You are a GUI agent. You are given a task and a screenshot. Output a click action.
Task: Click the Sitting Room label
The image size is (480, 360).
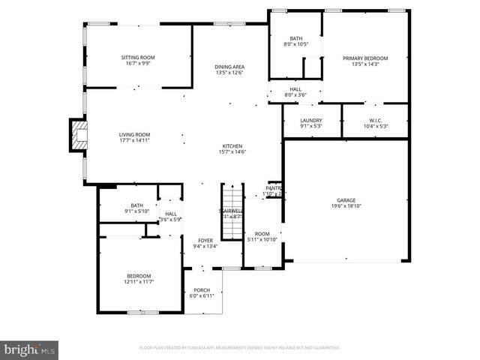point(138,58)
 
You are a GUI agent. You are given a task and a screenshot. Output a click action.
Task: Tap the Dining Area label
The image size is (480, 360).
point(229,67)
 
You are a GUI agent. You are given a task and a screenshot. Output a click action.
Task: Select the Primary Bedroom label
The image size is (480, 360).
point(365,58)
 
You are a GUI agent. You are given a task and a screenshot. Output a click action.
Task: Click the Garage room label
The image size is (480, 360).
point(345,200)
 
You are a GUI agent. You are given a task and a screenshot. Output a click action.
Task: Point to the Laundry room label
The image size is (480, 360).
point(311,121)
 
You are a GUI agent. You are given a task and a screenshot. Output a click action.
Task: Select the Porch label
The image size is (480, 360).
point(202,290)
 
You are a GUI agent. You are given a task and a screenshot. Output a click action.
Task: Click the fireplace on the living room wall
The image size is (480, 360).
point(77,136)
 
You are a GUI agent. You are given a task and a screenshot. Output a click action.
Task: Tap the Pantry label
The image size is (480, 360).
point(273,188)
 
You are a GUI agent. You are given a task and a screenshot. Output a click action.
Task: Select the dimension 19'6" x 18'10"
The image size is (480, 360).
point(346,205)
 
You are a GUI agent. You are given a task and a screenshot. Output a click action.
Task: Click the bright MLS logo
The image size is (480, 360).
point(30,349)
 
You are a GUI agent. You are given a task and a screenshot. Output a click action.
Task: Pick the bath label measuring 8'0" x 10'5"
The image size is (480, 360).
point(295,41)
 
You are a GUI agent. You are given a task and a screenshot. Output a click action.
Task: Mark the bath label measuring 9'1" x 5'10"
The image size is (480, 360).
point(136,208)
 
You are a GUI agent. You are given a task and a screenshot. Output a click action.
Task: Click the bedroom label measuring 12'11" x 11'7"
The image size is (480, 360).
point(139,278)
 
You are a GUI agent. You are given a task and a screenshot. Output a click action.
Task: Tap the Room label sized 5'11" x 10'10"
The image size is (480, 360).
point(262,236)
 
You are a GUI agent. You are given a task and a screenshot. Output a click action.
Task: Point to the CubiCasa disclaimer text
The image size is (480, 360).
point(240,348)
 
